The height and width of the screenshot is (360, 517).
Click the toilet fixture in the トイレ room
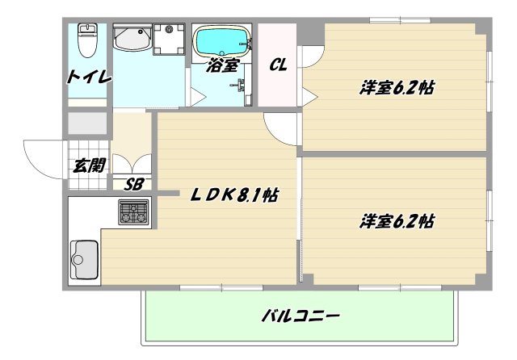(x=87, y=40)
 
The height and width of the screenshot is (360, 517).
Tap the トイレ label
(x=89, y=77)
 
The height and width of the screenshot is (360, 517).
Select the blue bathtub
(x=222, y=40)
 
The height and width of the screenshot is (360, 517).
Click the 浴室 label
(x=222, y=65)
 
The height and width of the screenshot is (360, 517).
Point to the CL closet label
(x=278, y=65)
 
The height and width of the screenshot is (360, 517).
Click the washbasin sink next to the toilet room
(x=132, y=39)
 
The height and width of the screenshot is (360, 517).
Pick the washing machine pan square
(x=169, y=40)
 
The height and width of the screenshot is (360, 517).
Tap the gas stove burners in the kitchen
(x=133, y=212)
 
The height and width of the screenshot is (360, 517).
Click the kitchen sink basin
(x=84, y=260)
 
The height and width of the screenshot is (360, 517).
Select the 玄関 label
(x=89, y=165)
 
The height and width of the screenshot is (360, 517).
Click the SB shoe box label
(x=133, y=185)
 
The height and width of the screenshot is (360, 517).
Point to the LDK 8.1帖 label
(x=234, y=195)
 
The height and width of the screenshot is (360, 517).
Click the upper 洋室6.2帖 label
(x=397, y=88)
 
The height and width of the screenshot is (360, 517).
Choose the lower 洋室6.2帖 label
(x=397, y=221)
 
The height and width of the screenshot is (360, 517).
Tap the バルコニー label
(x=301, y=316)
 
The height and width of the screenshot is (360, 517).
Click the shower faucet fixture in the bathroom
(x=240, y=85)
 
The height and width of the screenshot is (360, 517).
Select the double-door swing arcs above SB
(x=132, y=163)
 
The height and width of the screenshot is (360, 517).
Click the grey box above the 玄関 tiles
(x=87, y=123)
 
